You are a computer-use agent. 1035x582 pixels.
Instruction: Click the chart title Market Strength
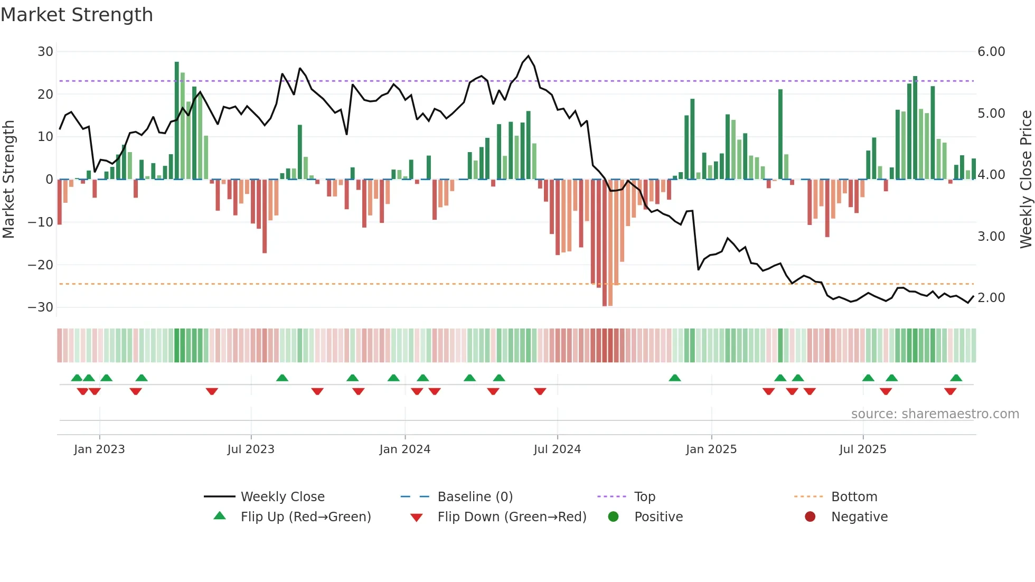77,15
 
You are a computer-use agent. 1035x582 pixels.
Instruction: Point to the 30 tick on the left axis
45,52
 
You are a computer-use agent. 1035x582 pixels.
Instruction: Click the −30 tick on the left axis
41,307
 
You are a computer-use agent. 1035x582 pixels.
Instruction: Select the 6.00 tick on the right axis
991,52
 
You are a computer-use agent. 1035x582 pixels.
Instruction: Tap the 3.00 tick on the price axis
991,237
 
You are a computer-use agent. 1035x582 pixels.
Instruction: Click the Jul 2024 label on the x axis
557,449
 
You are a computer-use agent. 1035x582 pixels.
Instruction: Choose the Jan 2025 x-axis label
711,449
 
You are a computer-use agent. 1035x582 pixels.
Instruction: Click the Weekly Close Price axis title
1025,179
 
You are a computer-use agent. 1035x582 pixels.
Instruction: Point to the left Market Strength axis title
8,179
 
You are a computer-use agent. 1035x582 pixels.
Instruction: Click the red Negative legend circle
810,517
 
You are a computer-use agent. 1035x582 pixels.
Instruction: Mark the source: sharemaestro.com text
935,414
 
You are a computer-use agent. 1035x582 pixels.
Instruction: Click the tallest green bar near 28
177,120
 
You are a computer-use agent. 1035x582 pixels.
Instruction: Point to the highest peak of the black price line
528,56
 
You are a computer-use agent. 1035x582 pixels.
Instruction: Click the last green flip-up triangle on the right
956,378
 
